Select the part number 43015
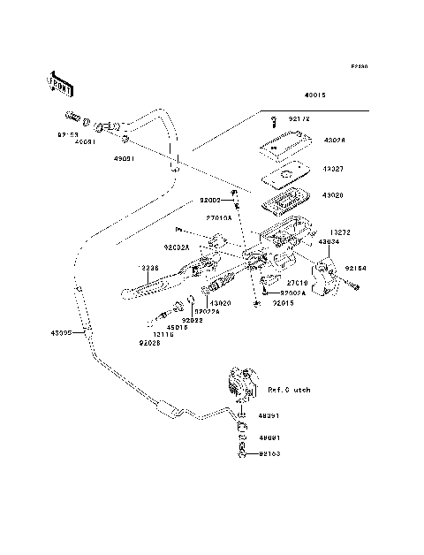315,95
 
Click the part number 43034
328,240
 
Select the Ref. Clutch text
291,389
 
